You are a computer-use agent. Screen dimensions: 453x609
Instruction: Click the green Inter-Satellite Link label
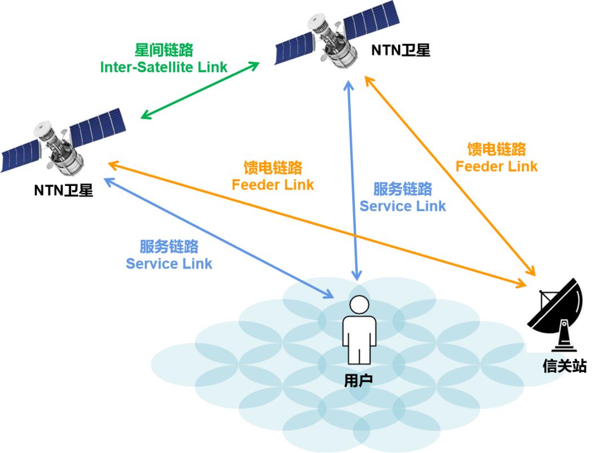164,59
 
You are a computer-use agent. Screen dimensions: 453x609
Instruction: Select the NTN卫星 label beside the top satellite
400,50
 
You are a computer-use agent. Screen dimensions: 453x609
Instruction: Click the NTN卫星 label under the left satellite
64,190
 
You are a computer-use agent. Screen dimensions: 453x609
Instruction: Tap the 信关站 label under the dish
564,366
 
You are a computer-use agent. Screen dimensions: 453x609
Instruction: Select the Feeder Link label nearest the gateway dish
496,158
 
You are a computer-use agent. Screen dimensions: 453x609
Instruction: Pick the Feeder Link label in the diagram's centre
273,176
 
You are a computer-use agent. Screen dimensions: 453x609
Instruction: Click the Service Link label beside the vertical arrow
403,197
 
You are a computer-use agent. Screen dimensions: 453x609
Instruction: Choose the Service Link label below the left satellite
169,255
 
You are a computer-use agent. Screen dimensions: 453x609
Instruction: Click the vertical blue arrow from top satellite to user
352,180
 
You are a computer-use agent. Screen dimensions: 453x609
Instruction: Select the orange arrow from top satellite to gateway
451,177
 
